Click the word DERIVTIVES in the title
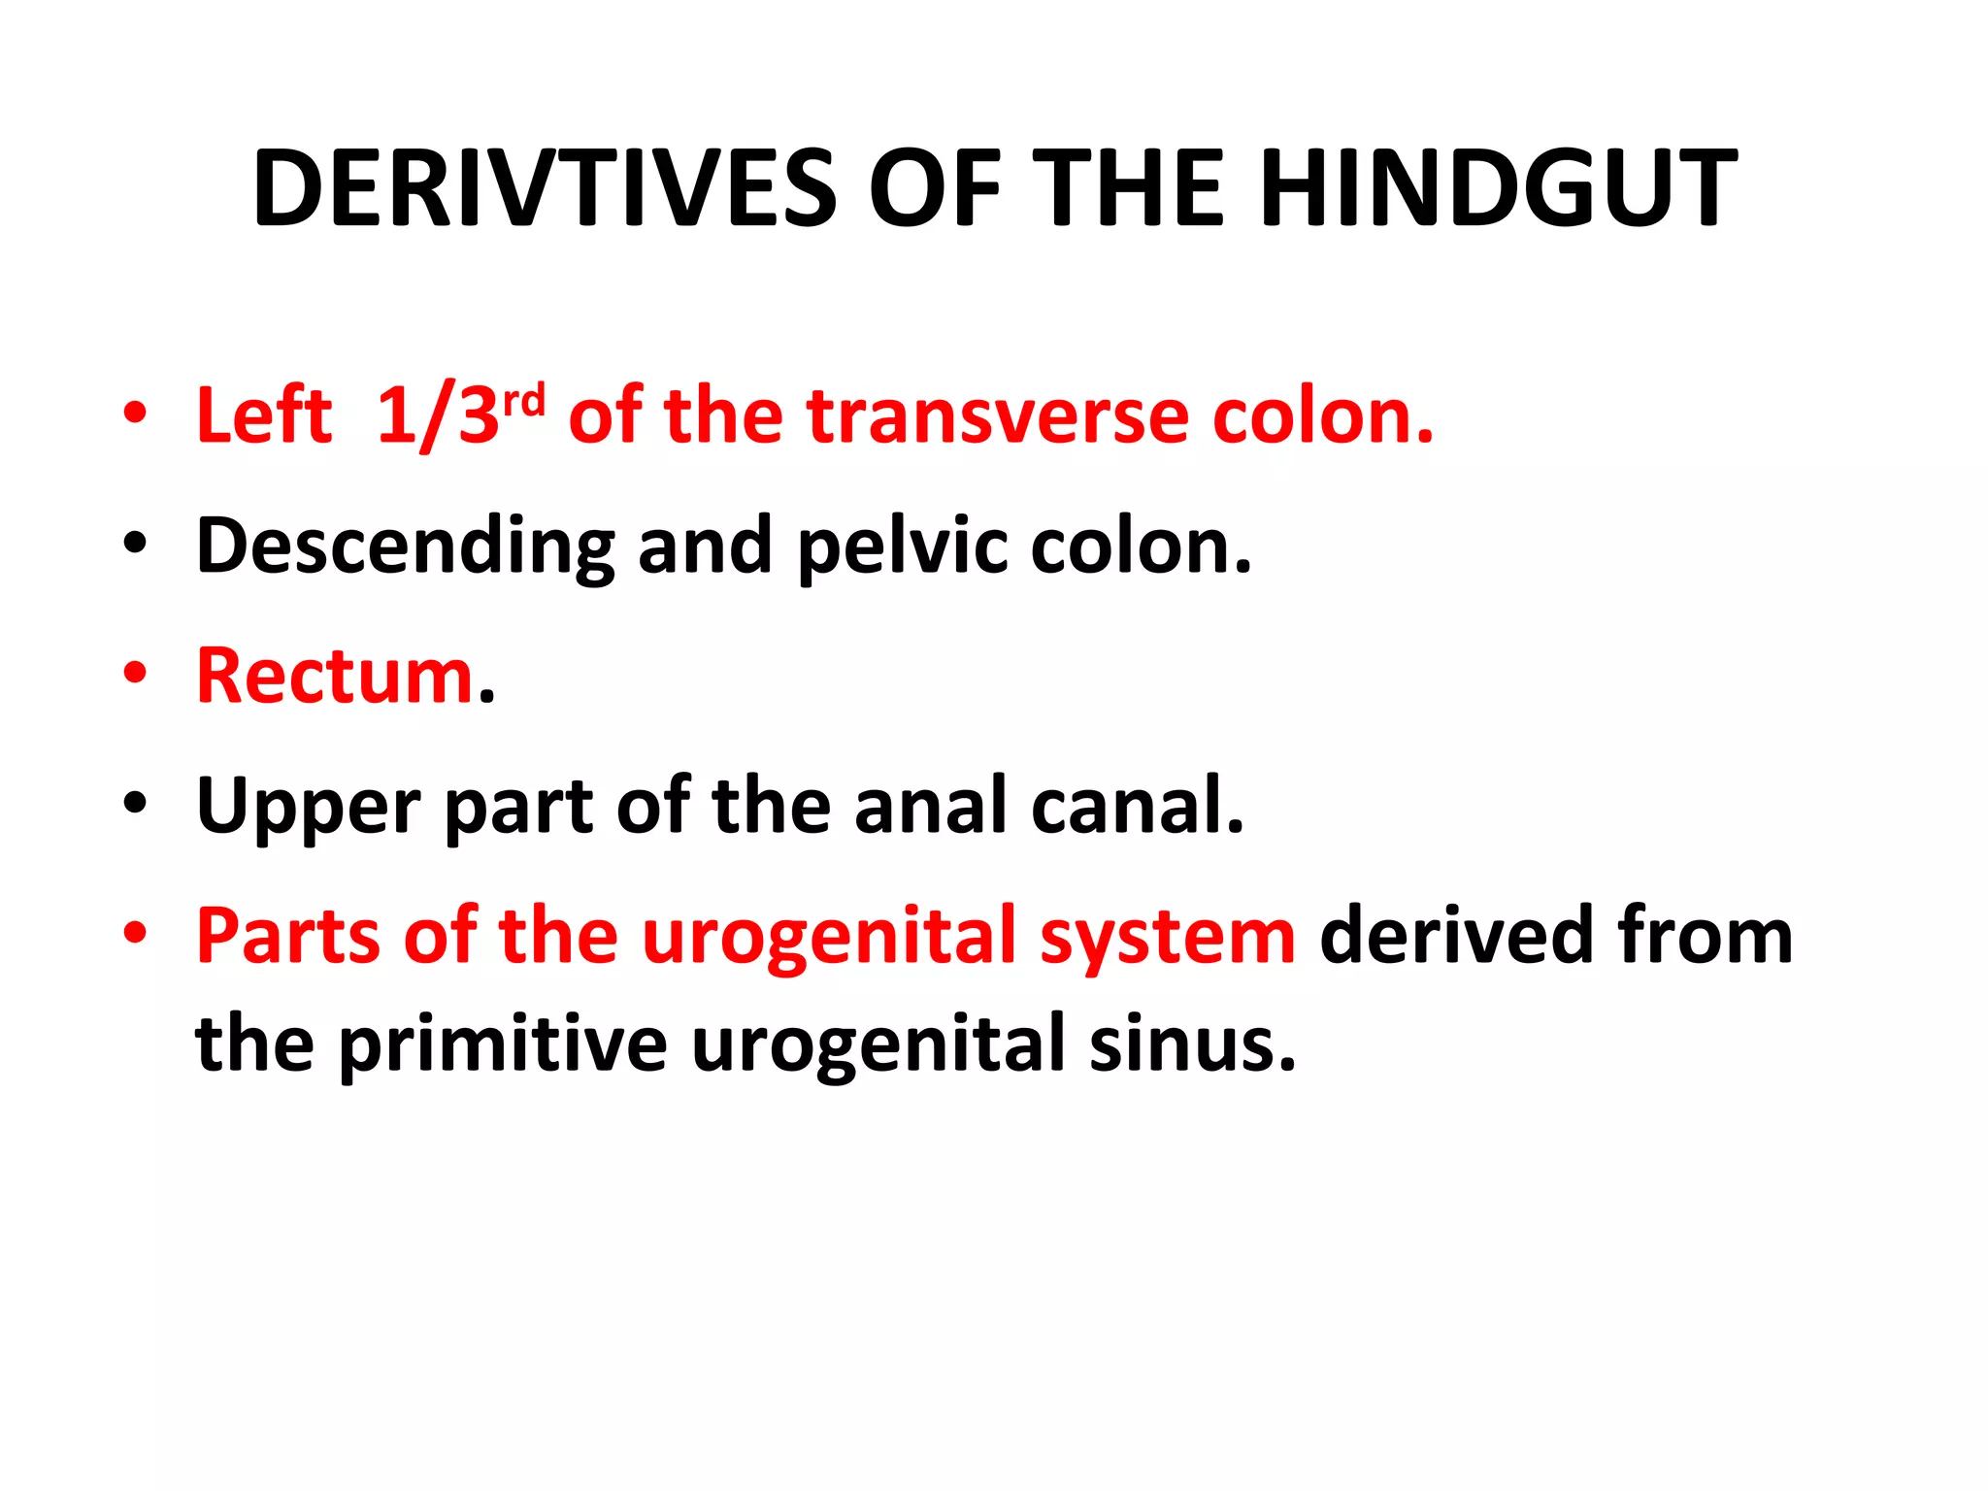point(545,188)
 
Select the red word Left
point(264,416)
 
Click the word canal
point(1137,806)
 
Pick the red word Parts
point(288,936)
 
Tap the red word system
point(1168,938)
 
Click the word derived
point(1458,936)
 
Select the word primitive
point(503,1044)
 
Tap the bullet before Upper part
point(135,803)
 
